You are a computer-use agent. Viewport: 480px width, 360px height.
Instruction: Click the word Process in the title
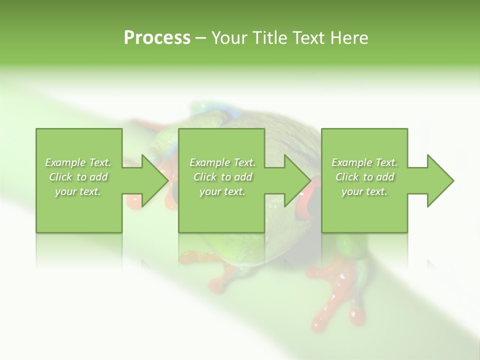pos(157,38)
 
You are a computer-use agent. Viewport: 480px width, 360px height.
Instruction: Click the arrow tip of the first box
pos(167,180)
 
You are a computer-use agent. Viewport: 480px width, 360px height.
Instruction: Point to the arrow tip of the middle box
pos(309,180)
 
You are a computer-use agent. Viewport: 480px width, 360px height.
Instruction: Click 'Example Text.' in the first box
pos(78,162)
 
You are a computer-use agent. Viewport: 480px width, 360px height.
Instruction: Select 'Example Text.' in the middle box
pos(222,162)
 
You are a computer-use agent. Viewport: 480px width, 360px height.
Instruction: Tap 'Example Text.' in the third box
pos(364,162)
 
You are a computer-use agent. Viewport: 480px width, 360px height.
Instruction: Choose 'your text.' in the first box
pos(78,191)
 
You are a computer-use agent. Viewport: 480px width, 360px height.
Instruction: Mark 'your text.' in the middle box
pos(222,191)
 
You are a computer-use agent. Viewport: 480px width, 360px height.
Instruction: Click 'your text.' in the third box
pos(364,191)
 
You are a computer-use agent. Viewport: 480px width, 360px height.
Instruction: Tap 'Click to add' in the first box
pos(78,177)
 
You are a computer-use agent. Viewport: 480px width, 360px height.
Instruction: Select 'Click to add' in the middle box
pos(222,177)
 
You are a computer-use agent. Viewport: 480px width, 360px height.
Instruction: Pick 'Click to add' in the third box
pos(364,177)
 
